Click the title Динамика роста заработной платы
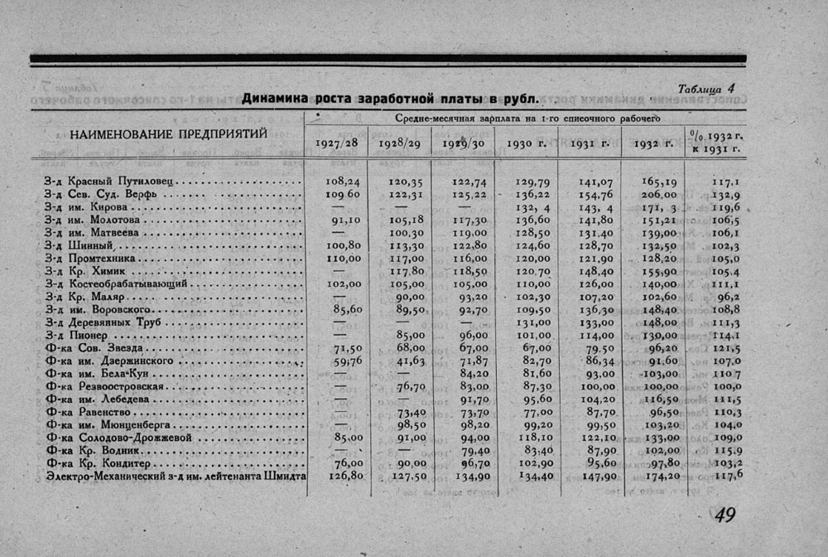coord(390,99)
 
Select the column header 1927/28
coord(336,143)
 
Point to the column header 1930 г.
coord(522,143)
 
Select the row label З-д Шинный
coord(81,245)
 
